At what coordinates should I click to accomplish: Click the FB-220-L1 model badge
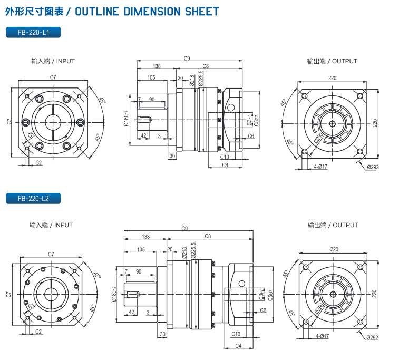click(x=33, y=32)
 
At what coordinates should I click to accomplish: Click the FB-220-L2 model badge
click(x=33, y=199)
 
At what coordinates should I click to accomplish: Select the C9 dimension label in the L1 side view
click(x=187, y=57)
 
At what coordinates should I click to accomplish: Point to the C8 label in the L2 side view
click(x=208, y=236)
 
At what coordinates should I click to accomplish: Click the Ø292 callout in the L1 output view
click(x=373, y=167)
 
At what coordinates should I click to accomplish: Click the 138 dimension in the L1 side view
click(x=157, y=66)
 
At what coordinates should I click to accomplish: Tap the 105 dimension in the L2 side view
click(x=141, y=249)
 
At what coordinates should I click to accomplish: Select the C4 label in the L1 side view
click(x=225, y=165)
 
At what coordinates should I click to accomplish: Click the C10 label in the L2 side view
click(x=236, y=334)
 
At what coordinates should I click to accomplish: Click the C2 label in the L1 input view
click(x=38, y=163)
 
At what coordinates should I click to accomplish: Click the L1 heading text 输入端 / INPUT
click(x=53, y=61)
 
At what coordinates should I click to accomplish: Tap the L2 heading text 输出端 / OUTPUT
click(x=333, y=225)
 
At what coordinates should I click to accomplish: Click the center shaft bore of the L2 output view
click(x=332, y=293)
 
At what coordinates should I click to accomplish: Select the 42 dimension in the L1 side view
click(x=143, y=135)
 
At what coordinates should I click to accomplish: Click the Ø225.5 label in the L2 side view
click(x=193, y=248)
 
